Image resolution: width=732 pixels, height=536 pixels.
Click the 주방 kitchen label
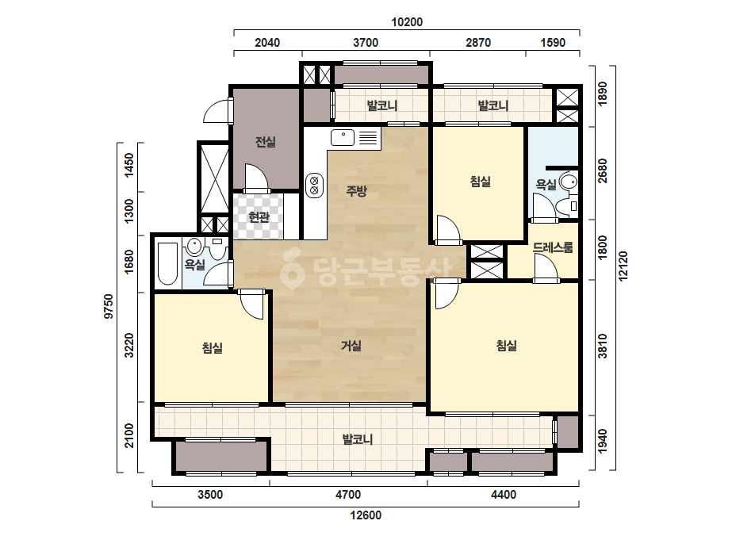(357, 190)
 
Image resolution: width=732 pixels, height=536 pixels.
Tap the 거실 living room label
(351, 346)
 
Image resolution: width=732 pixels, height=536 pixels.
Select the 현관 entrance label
(259, 216)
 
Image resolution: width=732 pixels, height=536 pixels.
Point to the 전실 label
(265, 141)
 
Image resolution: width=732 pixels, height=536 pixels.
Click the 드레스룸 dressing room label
(553, 247)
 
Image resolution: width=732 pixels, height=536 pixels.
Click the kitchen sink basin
(343, 138)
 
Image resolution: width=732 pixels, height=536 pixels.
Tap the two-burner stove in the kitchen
(314, 185)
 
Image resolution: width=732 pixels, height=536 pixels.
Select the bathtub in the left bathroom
(167, 264)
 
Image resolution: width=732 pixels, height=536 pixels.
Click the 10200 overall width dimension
(407, 22)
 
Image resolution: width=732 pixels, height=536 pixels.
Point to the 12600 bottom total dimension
(366, 515)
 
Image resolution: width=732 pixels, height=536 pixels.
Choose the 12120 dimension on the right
(623, 266)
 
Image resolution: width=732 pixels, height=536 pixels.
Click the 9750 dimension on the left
(109, 306)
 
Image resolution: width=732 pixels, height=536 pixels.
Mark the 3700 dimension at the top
(366, 43)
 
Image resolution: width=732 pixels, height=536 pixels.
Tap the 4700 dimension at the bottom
(348, 495)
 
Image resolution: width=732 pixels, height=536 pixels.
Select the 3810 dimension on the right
(603, 346)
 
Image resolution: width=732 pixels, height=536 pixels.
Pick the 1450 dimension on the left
(129, 165)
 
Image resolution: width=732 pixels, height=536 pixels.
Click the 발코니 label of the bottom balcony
(358, 439)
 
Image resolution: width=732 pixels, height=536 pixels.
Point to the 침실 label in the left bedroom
(213, 347)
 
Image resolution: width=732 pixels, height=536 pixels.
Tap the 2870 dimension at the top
(478, 43)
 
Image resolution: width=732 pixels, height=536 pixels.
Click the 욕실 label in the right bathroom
(546, 185)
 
